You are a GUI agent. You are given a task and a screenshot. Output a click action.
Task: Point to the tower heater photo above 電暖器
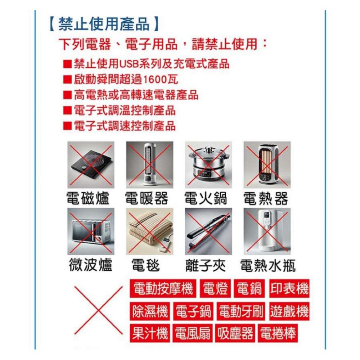(x=149, y=164)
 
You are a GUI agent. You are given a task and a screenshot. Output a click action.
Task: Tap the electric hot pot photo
(x=208, y=164)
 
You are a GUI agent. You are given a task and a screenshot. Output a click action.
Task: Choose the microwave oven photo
(x=91, y=231)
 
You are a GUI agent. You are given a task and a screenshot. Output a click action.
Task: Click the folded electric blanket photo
(x=149, y=231)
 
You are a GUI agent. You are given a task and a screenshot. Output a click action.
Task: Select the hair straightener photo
(x=208, y=231)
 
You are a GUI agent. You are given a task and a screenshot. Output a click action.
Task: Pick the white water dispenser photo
(x=267, y=231)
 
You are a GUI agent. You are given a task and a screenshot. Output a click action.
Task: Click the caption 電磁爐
(x=88, y=198)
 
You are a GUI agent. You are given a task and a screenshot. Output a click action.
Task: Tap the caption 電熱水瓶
(x=267, y=266)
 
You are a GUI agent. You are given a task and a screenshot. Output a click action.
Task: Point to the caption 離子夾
(x=205, y=266)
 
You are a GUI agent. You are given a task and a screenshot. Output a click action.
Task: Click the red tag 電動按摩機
(x=163, y=289)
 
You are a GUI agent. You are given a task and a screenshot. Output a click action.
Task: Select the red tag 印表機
(x=289, y=289)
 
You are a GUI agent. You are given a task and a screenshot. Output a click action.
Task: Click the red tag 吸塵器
(x=235, y=334)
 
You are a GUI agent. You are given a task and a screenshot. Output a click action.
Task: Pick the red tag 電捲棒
(x=278, y=334)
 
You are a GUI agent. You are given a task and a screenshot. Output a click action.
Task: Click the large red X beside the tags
(x=98, y=310)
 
